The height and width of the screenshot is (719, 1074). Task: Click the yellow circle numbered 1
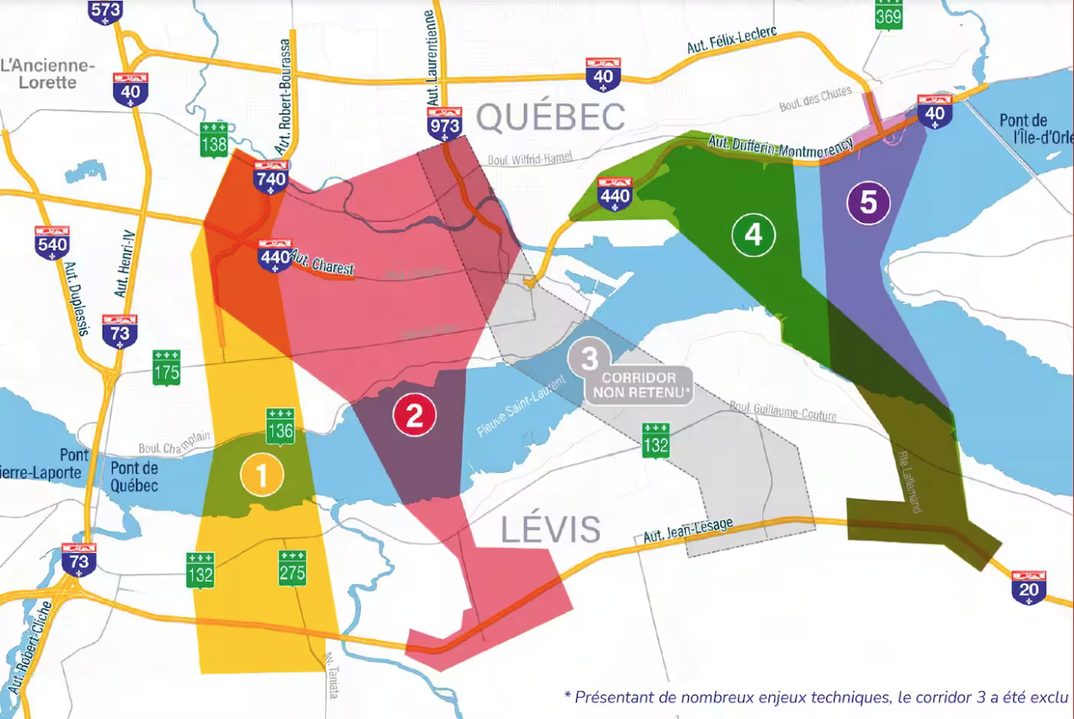click(262, 475)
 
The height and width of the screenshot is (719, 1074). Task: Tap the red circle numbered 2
click(414, 414)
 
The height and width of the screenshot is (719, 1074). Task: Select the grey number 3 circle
click(589, 359)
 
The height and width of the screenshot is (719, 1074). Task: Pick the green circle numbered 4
click(753, 234)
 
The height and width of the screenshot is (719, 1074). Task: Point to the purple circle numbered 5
click(868, 202)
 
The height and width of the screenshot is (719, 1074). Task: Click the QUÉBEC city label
click(551, 118)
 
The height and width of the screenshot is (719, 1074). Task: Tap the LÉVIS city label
click(550, 530)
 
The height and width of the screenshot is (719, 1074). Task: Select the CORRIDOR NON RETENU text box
click(638, 385)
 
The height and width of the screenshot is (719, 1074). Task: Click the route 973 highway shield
click(444, 124)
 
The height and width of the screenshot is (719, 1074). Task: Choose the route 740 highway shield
click(271, 177)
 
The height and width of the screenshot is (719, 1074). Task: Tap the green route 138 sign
click(214, 140)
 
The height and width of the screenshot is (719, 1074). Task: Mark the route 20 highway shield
click(1028, 587)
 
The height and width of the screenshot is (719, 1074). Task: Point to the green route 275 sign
click(292, 568)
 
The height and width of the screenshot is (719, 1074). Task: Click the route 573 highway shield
click(106, 11)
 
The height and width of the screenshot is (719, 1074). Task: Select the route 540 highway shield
click(52, 242)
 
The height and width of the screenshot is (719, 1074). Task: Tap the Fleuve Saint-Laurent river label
click(522, 406)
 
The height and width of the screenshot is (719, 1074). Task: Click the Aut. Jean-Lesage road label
click(688, 530)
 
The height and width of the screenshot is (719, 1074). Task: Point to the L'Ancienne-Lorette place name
click(47, 74)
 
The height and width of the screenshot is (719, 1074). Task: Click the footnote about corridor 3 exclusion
click(816, 697)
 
